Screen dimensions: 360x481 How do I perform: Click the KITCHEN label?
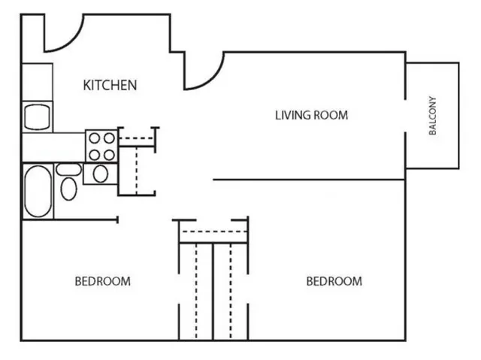(x=110, y=84)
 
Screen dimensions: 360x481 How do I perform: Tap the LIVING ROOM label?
(x=311, y=115)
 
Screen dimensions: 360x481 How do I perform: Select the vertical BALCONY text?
(x=433, y=115)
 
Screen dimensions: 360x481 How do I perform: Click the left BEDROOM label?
(x=102, y=281)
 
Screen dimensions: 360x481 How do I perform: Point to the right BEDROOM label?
(x=334, y=281)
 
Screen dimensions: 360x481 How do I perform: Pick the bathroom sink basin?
(x=99, y=174)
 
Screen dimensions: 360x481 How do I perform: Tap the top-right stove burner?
(x=109, y=138)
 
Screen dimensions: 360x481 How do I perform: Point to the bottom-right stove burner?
(x=109, y=154)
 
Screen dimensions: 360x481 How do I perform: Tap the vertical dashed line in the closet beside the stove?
(x=136, y=169)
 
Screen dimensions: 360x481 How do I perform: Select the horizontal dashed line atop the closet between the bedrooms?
(x=212, y=231)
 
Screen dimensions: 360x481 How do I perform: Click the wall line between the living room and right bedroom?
(x=308, y=180)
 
